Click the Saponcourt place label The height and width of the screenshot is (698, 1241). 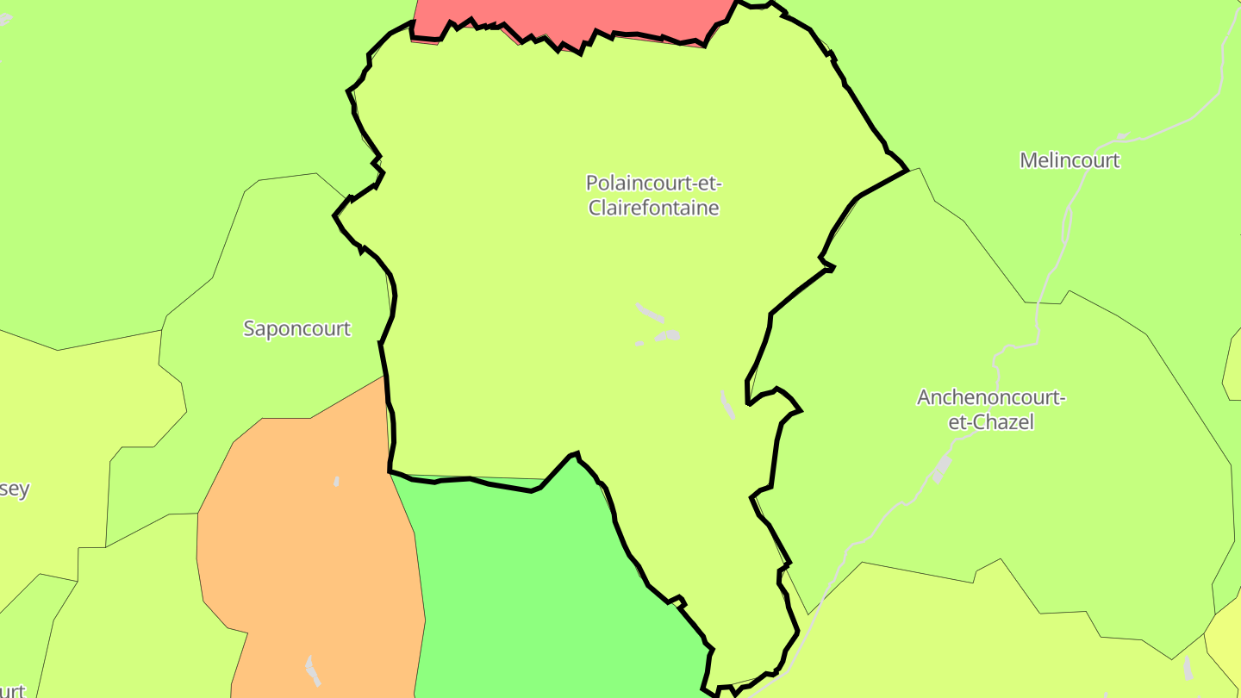(296, 328)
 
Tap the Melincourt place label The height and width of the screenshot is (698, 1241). (1070, 160)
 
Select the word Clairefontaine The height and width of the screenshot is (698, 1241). (653, 208)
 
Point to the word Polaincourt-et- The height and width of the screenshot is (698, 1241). (653, 184)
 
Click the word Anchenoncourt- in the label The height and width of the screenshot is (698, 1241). (991, 398)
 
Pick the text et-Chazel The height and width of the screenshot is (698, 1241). (991, 422)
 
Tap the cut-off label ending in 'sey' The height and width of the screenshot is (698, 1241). (15, 489)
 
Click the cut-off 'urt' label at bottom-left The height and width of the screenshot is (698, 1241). (12, 690)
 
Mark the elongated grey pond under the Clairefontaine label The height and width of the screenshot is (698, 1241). (650, 311)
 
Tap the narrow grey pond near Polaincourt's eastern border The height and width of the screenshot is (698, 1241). (727, 404)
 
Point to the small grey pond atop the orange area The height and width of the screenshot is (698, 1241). (336, 481)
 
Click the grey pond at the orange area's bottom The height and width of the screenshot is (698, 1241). (312, 670)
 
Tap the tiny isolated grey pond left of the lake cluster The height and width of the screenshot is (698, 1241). (639, 343)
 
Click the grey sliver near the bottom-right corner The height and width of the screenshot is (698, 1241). (1188, 667)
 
